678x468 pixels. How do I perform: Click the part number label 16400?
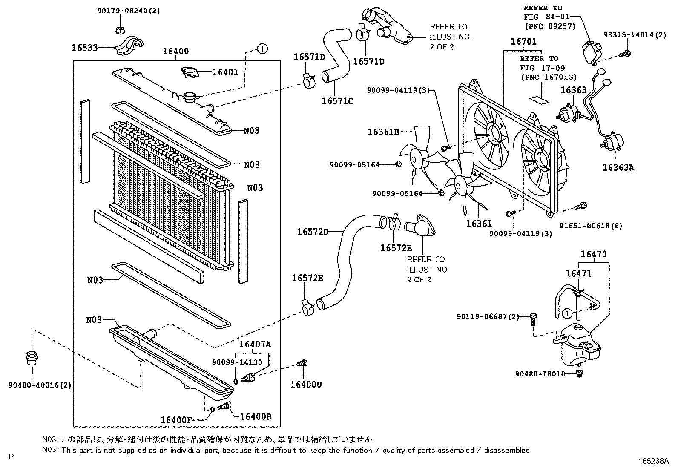coord(175,51)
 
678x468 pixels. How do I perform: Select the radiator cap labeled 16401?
coord(188,72)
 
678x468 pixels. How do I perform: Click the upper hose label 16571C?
coord(337,101)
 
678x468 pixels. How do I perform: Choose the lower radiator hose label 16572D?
coord(313,232)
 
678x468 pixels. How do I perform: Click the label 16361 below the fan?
coord(479,223)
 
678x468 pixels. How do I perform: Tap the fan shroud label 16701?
coord(523,42)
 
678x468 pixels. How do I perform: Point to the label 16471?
coord(578,273)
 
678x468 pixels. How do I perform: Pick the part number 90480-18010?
coord(540,374)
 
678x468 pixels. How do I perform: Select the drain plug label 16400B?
coord(256,417)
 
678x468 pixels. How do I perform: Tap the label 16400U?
coord(306,385)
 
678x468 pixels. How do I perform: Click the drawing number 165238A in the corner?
coord(653,461)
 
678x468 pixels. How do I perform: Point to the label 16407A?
coord(255,344)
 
